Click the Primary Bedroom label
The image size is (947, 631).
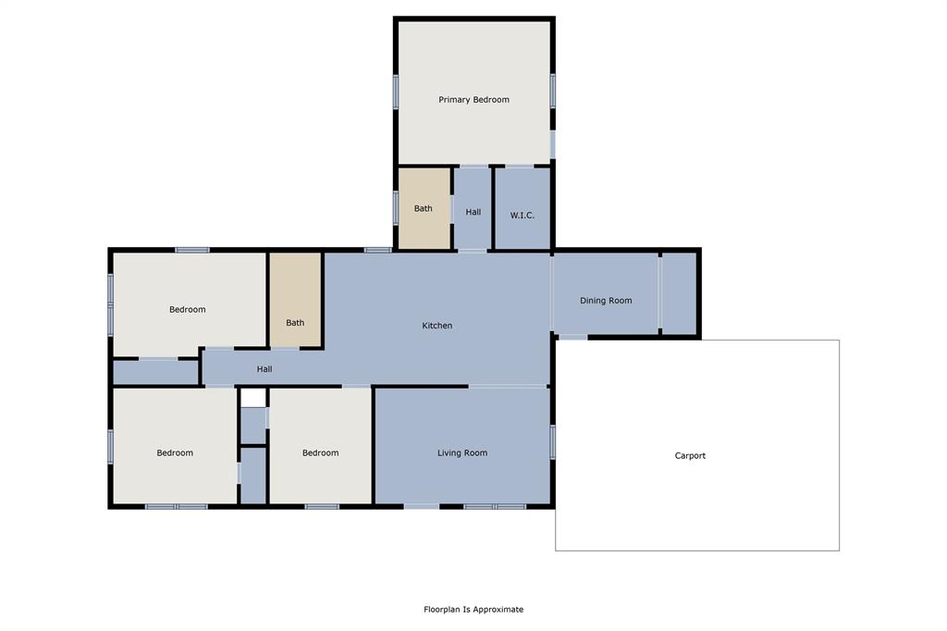point(473,100)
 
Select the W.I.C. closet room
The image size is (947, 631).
point(522,216)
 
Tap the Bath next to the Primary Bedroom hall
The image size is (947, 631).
point(423,209)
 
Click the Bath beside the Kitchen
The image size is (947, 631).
point(295,323)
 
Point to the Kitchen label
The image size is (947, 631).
point(437,326)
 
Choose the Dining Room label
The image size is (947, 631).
point(606,301)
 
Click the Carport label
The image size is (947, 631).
point(690,456)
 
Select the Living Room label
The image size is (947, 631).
point(461,453)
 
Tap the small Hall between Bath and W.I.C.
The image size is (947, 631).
point(473,212)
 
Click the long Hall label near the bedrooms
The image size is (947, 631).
point(264,369)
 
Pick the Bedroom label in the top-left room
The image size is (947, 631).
point(187,310)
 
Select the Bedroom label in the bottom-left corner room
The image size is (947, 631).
point(175,453)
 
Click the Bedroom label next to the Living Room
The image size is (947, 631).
point(320,453)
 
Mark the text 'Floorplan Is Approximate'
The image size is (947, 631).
point(473,610)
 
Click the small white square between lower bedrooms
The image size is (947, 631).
point(253,398)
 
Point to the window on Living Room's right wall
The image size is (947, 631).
point(552,441)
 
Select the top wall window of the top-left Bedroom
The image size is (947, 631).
point(192,250)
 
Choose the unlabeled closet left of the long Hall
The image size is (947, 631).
point(155,372)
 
